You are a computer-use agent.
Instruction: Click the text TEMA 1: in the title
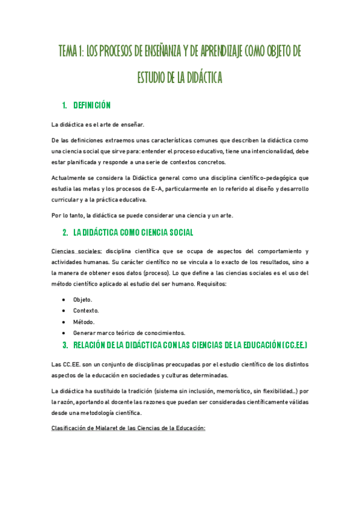tap(71, 52)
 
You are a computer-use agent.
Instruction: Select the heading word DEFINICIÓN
tap(92, 106)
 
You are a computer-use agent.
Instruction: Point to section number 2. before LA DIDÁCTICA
tap(65, 232)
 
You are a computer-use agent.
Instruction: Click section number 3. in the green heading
tap(65, 345)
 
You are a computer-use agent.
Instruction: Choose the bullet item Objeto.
tap(83, 300)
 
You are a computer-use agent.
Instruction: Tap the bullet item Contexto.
tap(86, 310)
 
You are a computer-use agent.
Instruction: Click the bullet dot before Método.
tap(64, 322)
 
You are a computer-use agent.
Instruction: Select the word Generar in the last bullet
tap(84, 333)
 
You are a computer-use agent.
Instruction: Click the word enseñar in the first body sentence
tap(133, 125)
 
